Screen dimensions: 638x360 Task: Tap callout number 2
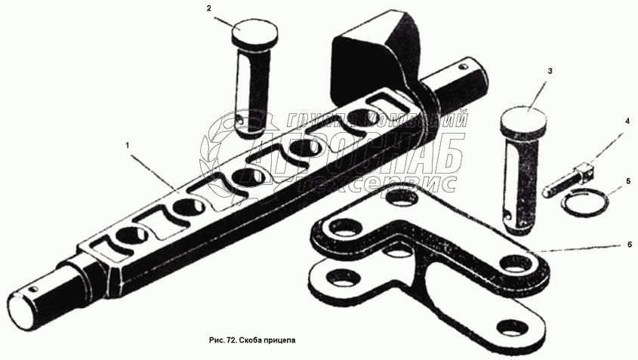[x=209, y=8]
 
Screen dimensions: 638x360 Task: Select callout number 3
[x=549, y=70]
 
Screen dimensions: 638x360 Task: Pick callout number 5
[x=627, y=181]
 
